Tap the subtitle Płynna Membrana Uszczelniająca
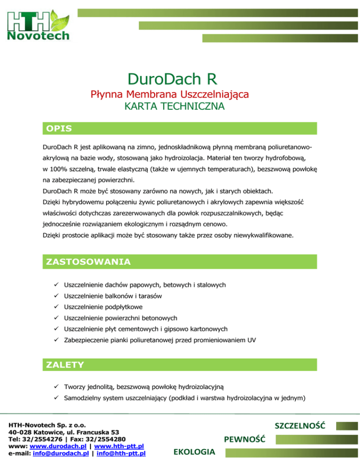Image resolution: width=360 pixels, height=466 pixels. click(x=169, y=95)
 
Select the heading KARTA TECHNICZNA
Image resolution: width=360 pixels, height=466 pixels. click(x=174, y=107)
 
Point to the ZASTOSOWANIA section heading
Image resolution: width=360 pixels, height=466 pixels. click(x=88, y=261)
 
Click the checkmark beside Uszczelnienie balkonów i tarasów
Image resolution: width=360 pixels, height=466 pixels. click(x=56, y=296)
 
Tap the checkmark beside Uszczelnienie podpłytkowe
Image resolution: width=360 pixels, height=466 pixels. click(x=56, y=308)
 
